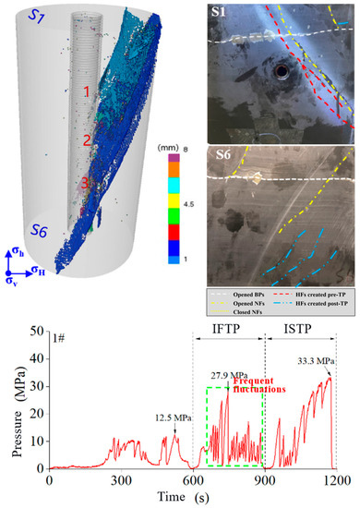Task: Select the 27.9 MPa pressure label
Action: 225,375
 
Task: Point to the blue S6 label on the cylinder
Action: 41,228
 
